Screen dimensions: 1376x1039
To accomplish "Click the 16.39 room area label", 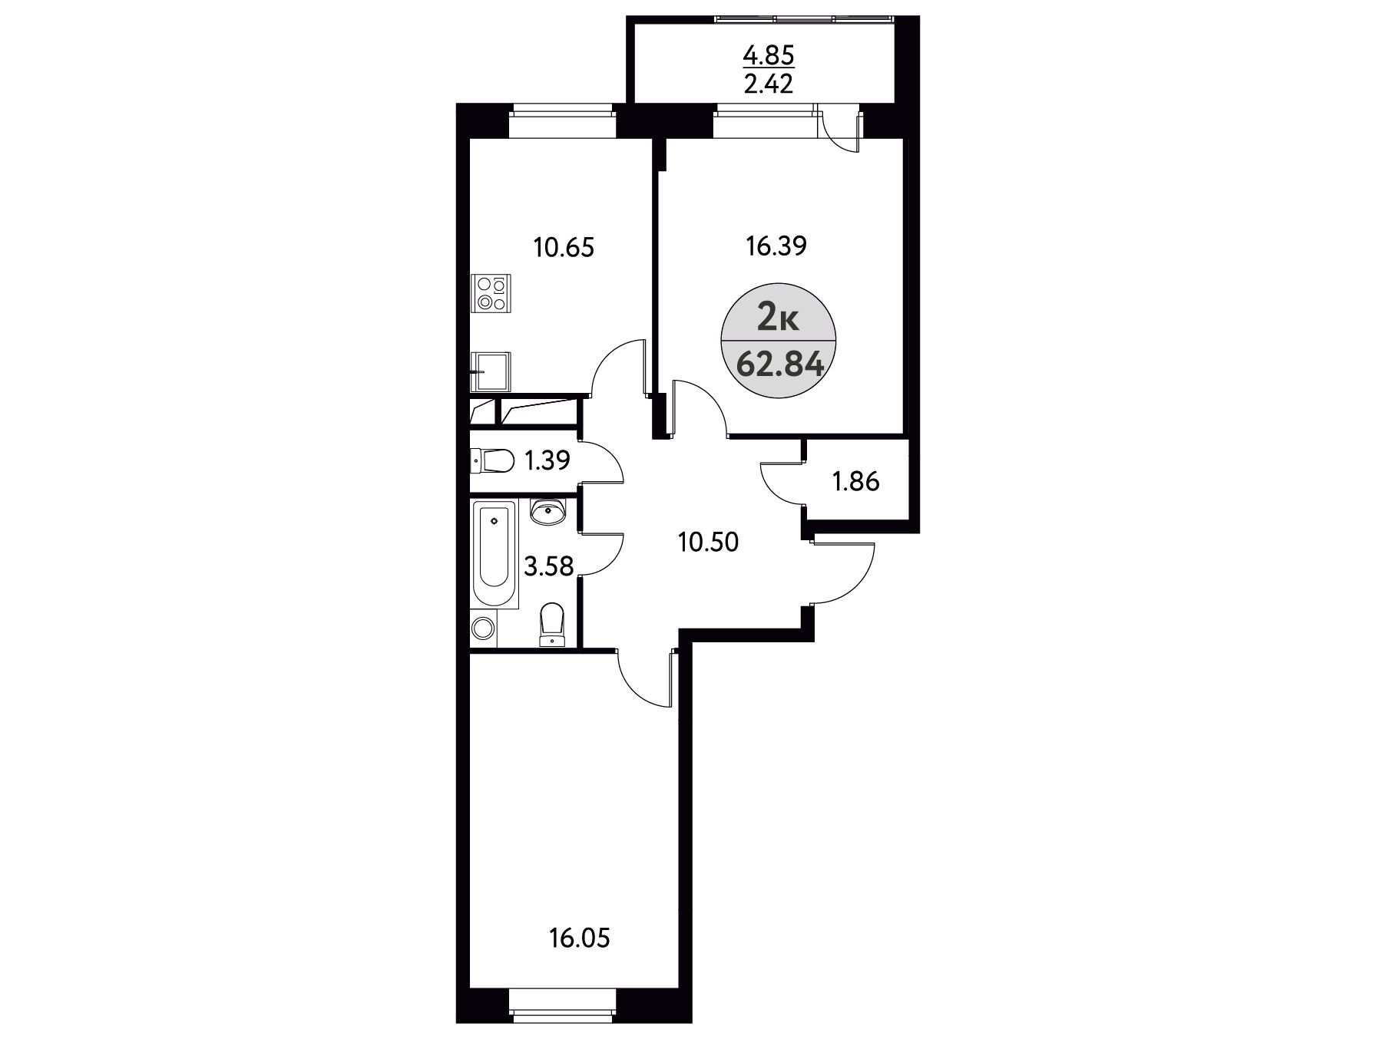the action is tap(776, 246).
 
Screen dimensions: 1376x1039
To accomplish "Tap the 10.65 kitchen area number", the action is tap(564, 248).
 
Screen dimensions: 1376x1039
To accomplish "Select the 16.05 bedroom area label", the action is tap(580, 938).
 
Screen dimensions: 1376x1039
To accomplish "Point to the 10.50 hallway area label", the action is tap(708, 543).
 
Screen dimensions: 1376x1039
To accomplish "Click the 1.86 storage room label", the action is tap(856, 482).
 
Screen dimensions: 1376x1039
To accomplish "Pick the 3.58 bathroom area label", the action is tap(548, 566).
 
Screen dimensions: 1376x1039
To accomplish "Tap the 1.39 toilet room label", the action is tap(546, 460).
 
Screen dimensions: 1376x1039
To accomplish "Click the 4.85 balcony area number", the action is tap(769, 55).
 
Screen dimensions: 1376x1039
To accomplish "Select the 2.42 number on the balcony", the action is tap(769, 83).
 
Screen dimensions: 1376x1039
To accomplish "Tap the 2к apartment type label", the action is tap(779, 316).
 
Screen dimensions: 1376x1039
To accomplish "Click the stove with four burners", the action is tap(490, 293).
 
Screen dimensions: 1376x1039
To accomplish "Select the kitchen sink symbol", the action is tap(490, 372).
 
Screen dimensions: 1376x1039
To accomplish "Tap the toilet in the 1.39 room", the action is tap(492, 461).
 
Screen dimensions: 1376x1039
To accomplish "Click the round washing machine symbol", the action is tap(483, 628).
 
